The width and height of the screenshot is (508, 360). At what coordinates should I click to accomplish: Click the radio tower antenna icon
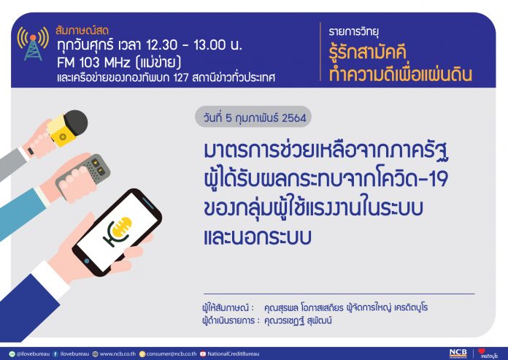click(33, 44)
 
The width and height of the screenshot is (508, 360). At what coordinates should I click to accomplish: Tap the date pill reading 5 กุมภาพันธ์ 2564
click(253, 117)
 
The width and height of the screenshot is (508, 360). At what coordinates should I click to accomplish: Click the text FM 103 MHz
click(93, 62)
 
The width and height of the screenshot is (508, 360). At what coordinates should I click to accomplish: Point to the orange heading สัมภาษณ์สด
click(82, 31)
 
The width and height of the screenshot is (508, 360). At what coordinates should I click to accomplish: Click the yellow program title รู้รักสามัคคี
click(367, 53)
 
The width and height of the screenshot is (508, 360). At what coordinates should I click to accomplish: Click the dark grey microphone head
click(76, 123)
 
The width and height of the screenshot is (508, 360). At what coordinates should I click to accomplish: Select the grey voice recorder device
click(83, 177)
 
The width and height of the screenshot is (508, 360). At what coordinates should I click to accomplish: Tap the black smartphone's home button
click(87, 261)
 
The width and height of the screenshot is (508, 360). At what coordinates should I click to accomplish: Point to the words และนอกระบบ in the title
click(258, 237)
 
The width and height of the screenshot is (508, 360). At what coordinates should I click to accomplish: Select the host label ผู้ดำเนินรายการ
click(228, 321)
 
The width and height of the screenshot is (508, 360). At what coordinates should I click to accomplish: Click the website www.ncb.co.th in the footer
click(118, 354)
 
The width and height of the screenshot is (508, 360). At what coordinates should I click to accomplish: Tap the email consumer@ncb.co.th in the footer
click(172, 354)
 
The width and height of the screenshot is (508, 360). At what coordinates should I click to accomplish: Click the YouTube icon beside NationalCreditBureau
click(203, 354)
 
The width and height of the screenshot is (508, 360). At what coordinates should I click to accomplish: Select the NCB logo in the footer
click(458, 353)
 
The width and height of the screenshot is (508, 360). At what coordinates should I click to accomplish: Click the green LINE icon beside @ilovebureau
click(12, 354)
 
